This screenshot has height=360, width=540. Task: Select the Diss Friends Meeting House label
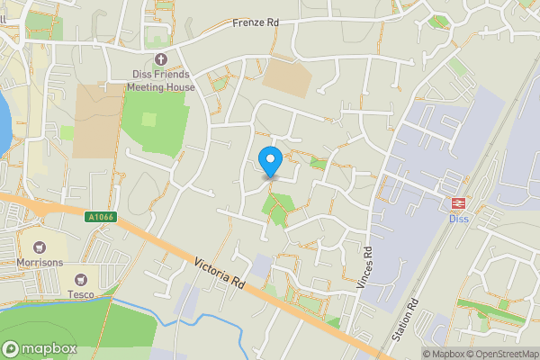[160, 80]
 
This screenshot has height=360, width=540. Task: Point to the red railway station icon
[459, 203]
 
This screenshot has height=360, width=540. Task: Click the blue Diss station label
[459, 219]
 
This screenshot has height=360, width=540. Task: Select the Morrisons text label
[39, 262]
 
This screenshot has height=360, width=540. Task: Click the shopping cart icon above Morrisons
[39, 247]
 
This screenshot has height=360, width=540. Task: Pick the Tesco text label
[84, 292]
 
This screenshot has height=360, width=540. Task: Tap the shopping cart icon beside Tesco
[84, 279]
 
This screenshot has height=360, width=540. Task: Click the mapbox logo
[37, 348]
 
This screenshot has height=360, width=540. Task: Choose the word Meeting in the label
[148, 86]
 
